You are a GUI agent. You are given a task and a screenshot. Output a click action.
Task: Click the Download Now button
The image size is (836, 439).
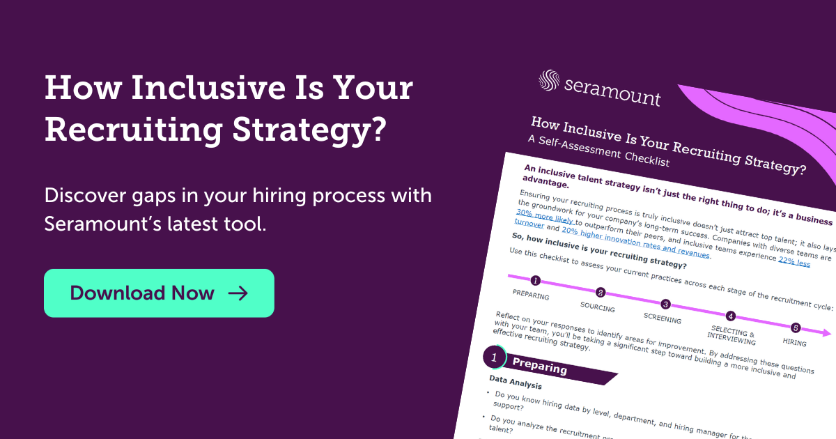click(x=159, y=293)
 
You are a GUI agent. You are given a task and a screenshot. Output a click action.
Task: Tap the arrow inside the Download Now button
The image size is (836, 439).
click(x=238, y=293)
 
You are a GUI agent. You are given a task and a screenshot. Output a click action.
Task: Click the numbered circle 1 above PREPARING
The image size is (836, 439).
click(x=535, y=281)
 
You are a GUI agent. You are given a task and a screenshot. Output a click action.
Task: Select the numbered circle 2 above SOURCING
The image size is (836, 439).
click(x=601, y=293)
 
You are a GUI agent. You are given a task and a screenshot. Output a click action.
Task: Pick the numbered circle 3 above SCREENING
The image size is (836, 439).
click(x=665, y=305)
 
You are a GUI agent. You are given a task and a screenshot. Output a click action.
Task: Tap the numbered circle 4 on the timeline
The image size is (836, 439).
click(x=730, y=316)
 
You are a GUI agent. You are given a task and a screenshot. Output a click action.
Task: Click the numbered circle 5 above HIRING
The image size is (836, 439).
click(x=796, y=328)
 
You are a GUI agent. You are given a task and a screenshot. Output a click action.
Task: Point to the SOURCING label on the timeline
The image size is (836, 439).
click(x=597, y=307)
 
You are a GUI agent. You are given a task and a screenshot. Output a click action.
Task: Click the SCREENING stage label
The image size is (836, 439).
click(x=662, y=319)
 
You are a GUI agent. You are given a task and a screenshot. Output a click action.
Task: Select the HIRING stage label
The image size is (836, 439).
click(x=794, y=343)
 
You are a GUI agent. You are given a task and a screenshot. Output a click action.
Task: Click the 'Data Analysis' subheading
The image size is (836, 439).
click(x=516, y=385)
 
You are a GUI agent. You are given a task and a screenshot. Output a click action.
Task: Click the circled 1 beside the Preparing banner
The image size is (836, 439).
click(x=494, y=357)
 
